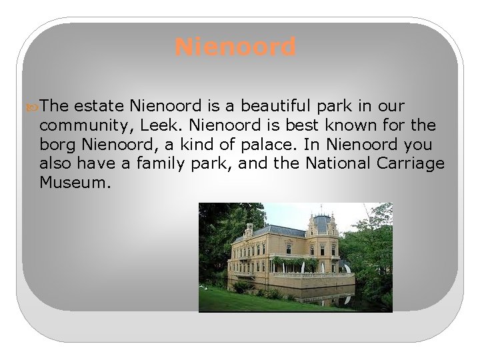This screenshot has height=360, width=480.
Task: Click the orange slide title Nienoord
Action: click(x=235, y=47)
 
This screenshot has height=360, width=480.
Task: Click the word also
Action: click(x=55, y=163)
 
